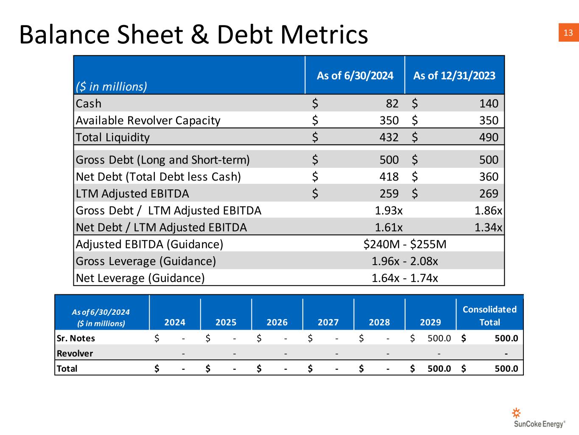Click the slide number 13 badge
click(x=568, y=33)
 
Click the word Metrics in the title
click(x=313, y=34)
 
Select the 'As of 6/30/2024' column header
click(x=355, y=76)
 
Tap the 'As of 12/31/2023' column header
click(x=454, y=76)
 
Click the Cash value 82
click(x=392, y=104)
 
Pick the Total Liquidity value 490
click(x=489, y=137)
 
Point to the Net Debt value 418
click(x=389, y=177)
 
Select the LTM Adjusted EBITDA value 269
click(x=489, y=194)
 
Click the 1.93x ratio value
click(x=389, y=211)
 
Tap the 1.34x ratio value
click(x=488, y=228)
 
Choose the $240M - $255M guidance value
click(x=405, y=244)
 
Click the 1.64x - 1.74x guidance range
click(x=405, y=278)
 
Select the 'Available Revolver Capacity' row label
click(x=148, y=121)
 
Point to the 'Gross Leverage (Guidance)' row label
click(x=145, y=261)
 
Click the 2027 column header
click(x=328, y=322)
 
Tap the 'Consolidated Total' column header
click(x=489, y=316)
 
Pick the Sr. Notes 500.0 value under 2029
click(x=439, y=339)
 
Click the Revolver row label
click(x=75, y=353)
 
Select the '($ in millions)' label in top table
click(x=111, y=87)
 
